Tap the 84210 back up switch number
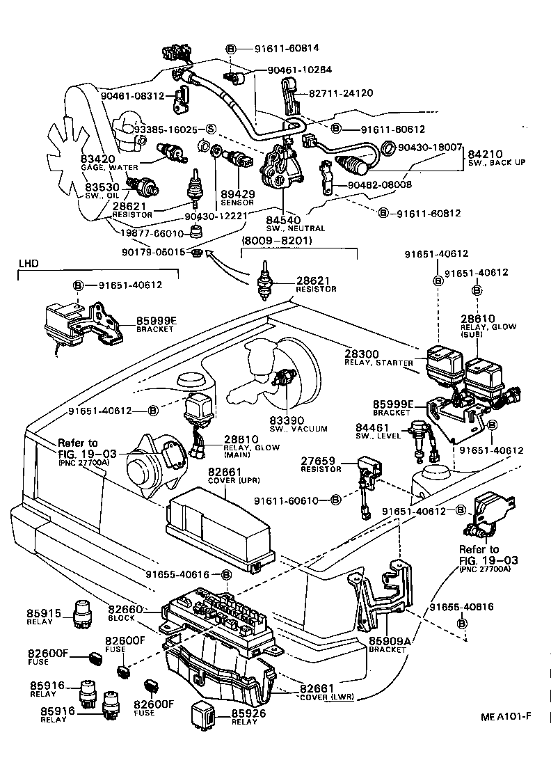pyautogui.click(x=484, y=155)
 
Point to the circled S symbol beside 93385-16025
pyautogui.click(x=210, y=129)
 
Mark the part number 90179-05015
pyautogui.click(x=154, y=252)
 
